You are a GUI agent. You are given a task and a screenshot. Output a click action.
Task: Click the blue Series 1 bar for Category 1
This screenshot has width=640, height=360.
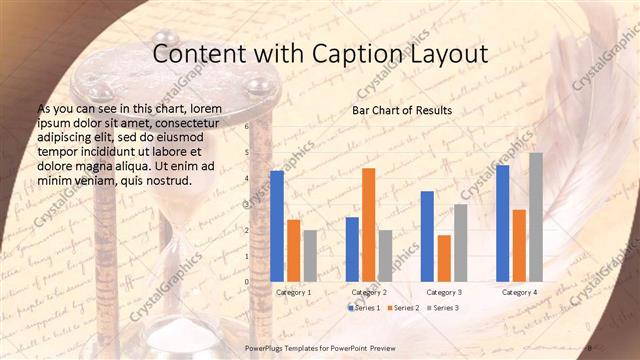pyautogui.click(x=277, y=226)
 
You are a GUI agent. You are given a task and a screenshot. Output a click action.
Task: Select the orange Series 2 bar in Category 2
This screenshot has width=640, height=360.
pyautogui.click(x=369, y=225)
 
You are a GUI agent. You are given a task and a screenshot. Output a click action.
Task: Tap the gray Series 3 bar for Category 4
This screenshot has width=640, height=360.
pyautogui.click(x=536, y=217)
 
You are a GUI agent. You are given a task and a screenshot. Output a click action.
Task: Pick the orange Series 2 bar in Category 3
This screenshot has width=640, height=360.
pyautogui.click(x=444, y=258)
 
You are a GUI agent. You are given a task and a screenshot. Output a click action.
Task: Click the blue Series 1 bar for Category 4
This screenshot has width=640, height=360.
pyautogui.click(x=503, y=223)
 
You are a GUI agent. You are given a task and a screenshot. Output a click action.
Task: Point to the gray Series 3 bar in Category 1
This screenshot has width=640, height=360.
pyautogui.click(x=310, y=256)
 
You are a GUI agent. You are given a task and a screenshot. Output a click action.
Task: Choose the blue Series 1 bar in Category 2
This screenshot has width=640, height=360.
pyautogui.click(x=352, y=249)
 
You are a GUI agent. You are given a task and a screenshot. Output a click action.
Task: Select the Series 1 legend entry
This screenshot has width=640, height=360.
pyautogui.click(x=364, y=308)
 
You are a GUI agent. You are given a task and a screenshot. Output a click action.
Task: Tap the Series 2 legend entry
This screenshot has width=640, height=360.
pyautogui.click(x=403, y=308)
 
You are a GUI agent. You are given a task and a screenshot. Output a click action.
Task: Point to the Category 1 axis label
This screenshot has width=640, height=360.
pyautogui.click(x=294, y=292)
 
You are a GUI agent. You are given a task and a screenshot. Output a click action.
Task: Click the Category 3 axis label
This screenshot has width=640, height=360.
pyautogui.click(x=444, y=292)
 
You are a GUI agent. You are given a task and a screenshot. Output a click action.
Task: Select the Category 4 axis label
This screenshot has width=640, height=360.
pyautogui.click(x=519, y=292)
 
